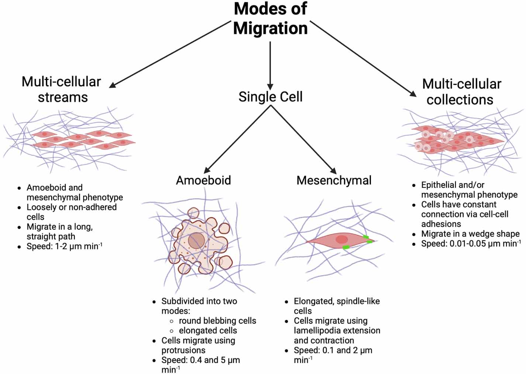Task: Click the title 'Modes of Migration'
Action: click(x=270, y=18)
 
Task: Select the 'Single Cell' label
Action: click(x=270, y=97)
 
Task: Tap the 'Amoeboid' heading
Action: click(x=203, y=180)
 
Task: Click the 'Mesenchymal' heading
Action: click(x=334, y=180)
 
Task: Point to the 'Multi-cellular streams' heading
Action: click(x=61, y=89)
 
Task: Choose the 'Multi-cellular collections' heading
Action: click(x=461, y=91)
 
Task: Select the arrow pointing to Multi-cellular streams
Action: click(x=170, y=54)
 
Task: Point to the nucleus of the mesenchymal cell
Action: click(x=342, y=239)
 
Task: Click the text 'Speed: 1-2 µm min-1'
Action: click(x=64, y=246)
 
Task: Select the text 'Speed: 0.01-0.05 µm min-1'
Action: click(x=471, y=243)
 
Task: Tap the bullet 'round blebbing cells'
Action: click(x=217, y=321)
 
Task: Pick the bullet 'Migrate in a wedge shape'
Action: click(x=470, y=234)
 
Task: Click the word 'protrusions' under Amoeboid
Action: click(x=183, y=350)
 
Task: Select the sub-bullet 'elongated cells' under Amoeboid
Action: click(x=208, y=330)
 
